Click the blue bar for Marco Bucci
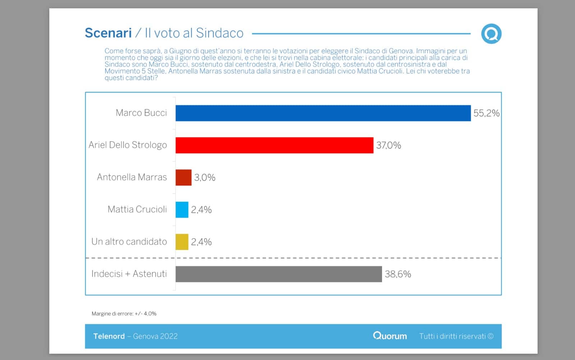click(323, 113)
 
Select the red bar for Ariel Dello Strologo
click(274, 145)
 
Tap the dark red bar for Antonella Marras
click(183, 177)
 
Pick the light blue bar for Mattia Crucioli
click(182, 210)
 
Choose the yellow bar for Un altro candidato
click(182, 242)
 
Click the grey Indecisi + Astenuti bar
click(279, 274)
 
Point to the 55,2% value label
click(486, 113)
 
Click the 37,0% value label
click(388, 145)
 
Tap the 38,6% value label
click(398, 274)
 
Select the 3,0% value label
click(205, 177)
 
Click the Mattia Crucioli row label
click(137, 209)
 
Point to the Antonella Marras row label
click(132, 177)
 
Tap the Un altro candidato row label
click(129, 242)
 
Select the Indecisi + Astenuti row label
click(129, 274)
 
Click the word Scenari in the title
click(108, 33)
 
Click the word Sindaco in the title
click(220, 33)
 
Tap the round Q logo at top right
click(491, 34)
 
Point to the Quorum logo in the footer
click(390, 336)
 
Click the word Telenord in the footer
click(109, 336)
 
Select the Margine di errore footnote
click(124, 314)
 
